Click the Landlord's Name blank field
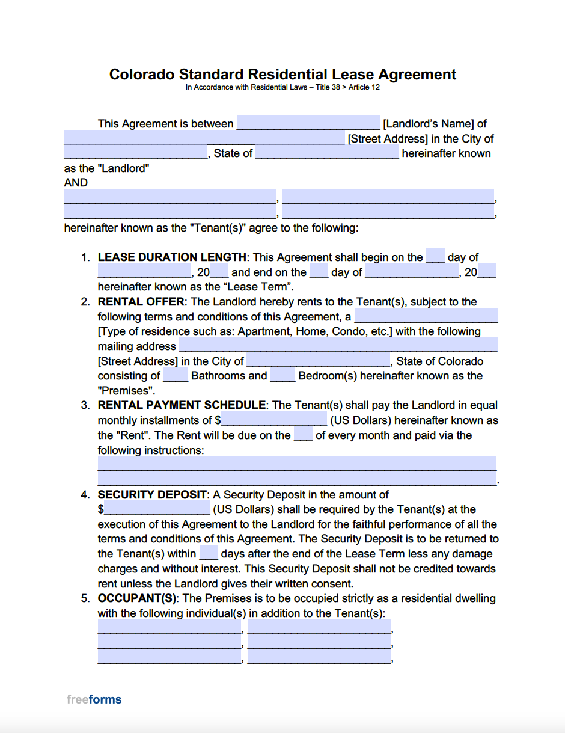click(x=308, y=123)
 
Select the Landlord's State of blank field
click(x=326, y=153)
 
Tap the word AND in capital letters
click(x=76, y=183)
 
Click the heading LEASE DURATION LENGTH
click(x=172, y=257)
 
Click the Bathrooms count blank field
click(x=176, y=376)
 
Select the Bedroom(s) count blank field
click(x=282, y=376)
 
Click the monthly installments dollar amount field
click(x=274, y=420)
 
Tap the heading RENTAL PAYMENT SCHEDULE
click(x=182, y=405)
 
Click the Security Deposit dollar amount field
click(x=157, y=509)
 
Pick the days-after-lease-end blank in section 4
click(x=208, y=553)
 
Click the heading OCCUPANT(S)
click(x=137, y=598)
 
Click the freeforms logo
click(x=94, y=699)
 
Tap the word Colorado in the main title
click(x=143, y=75)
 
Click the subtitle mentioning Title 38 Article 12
click(x=282, y=87)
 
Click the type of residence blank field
click(x=426, y=316)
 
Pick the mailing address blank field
click(x=338, y=346)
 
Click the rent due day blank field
click(x=303, y=435)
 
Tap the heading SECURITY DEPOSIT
click(x=152, y=494)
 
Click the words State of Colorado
click(x=439, y=361)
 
